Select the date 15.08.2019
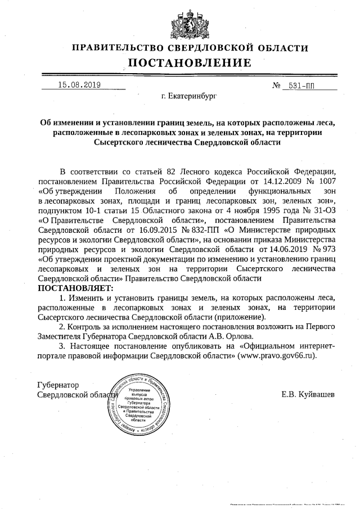coord(79,85)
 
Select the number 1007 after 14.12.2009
coord(326,181)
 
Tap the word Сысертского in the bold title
coord(123,143)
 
